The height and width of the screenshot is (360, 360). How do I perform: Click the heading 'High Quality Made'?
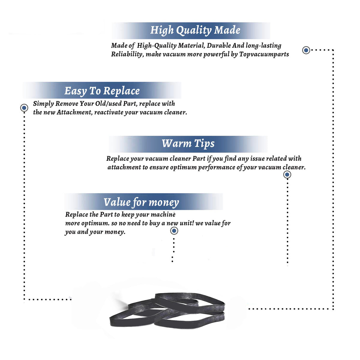click(195, 30)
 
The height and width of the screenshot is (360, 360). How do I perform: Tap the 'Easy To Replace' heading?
click(102, 91)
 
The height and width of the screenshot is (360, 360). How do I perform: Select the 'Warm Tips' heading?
click(188, 143)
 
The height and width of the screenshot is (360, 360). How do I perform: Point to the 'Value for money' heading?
click(141, 202)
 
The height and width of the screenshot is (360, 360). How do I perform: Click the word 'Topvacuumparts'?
click(264, 54)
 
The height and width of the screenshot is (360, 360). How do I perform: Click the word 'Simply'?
click(43, 104)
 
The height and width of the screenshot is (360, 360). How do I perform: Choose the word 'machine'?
click(163, 215)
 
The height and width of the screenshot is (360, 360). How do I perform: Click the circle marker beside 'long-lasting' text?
click(306, 50)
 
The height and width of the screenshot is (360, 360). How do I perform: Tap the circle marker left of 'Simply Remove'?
click(24, 108)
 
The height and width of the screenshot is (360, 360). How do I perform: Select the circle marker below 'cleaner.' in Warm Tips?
click(287, 175)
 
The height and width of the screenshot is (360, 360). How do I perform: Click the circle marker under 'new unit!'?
click(174, 231)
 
